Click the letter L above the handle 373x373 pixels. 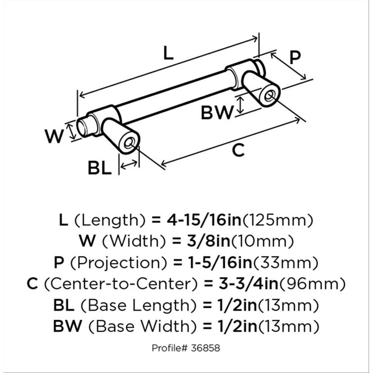coord(168,53)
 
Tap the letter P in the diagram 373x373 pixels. coord(295,58)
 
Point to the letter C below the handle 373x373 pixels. coord(238,150)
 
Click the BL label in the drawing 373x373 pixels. coord(100,168)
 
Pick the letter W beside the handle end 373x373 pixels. coord(54,136)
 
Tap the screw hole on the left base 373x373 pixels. coord(130,144)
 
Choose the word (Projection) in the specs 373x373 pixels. coord(123,263)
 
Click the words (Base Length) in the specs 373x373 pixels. coord(131,305)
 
